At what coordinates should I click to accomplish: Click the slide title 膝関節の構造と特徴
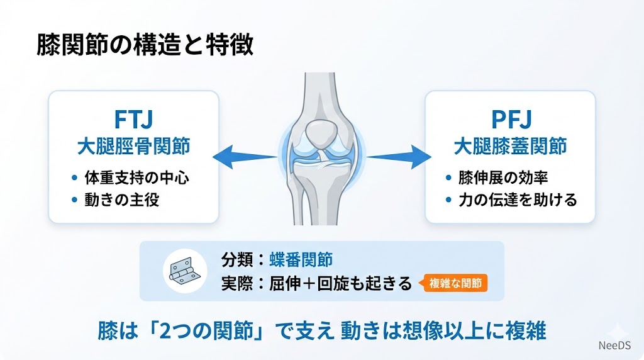(x=145, y=45)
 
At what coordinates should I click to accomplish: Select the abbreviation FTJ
(x=133, y=119)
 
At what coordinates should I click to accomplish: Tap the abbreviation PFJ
(x=511, y=119)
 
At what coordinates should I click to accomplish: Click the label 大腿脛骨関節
(x=134, y=147)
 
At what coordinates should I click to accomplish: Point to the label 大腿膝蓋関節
(x=511, y=147)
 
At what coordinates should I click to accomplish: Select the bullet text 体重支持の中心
(x=136, y=178)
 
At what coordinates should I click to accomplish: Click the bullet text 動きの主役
(x=122, y=200)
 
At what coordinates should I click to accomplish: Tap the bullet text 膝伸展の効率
(x=503, y=178)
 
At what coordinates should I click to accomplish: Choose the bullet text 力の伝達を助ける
(x=518, y=200)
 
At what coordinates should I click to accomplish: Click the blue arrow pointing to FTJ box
(x=245, y=157)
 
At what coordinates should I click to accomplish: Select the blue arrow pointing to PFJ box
(x=399, y=157)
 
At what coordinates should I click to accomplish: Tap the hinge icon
(x=184, y=271)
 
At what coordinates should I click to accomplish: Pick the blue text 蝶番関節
(x=301, y=259)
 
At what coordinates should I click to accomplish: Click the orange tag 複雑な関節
(x=455, y=283)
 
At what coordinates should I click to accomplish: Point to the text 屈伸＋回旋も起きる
(x=340, y=284)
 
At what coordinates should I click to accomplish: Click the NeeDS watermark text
(x=614, y=346)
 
